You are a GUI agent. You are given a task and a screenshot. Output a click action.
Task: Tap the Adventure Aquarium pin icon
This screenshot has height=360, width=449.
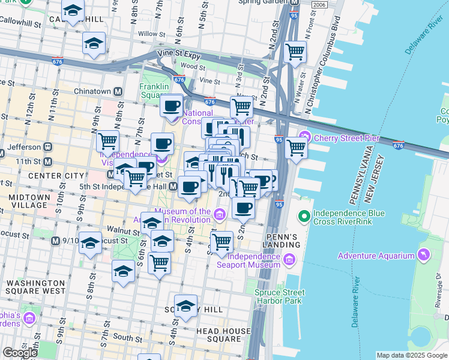pos(425,256)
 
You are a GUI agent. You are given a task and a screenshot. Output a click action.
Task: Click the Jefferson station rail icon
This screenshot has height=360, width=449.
pos(47,146)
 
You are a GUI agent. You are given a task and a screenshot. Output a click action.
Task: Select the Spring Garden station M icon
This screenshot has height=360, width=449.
pos(294,3)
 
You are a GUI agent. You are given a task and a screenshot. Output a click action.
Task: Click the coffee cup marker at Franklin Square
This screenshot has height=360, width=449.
pos(172,106)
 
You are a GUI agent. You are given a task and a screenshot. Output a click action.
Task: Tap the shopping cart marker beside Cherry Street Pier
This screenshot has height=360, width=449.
pos(296,147)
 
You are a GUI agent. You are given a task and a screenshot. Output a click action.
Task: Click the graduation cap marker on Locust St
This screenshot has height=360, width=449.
pos(90,243)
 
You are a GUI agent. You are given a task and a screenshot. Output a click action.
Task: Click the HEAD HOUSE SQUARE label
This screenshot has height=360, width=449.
pos(222,335)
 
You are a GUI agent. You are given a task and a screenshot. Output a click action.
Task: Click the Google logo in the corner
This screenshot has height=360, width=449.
pos(19,352)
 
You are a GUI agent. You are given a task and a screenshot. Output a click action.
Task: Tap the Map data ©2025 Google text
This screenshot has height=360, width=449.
pos(412,355)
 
